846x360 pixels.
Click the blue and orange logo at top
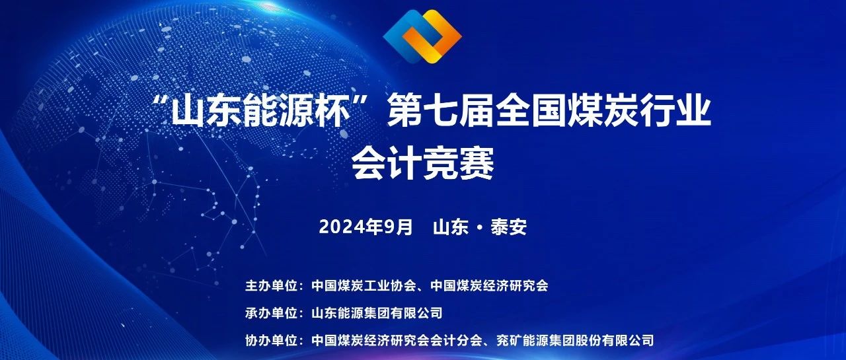point(422,36)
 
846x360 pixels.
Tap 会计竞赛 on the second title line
point(423,164)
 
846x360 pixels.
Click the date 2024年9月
point(365,227)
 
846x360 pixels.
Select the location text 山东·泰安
point(480,227)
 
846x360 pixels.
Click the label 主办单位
point(272,285)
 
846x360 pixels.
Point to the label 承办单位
point(272,313)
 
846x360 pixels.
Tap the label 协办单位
point(272,341)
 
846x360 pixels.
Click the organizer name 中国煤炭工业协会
point(364,285)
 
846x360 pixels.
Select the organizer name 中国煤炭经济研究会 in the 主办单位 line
point(489,285)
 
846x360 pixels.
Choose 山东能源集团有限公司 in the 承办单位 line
point(377,313)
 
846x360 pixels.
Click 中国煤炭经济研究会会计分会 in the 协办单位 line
point(397,341)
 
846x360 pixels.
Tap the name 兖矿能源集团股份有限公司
point(575,341)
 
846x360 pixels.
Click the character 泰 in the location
point(499,227)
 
